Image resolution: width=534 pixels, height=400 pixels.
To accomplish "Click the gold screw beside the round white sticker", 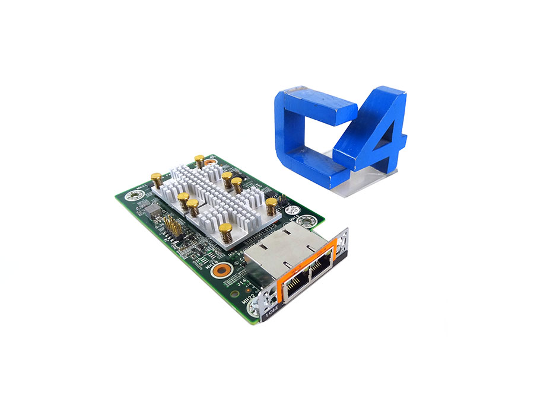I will coord(271,206).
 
